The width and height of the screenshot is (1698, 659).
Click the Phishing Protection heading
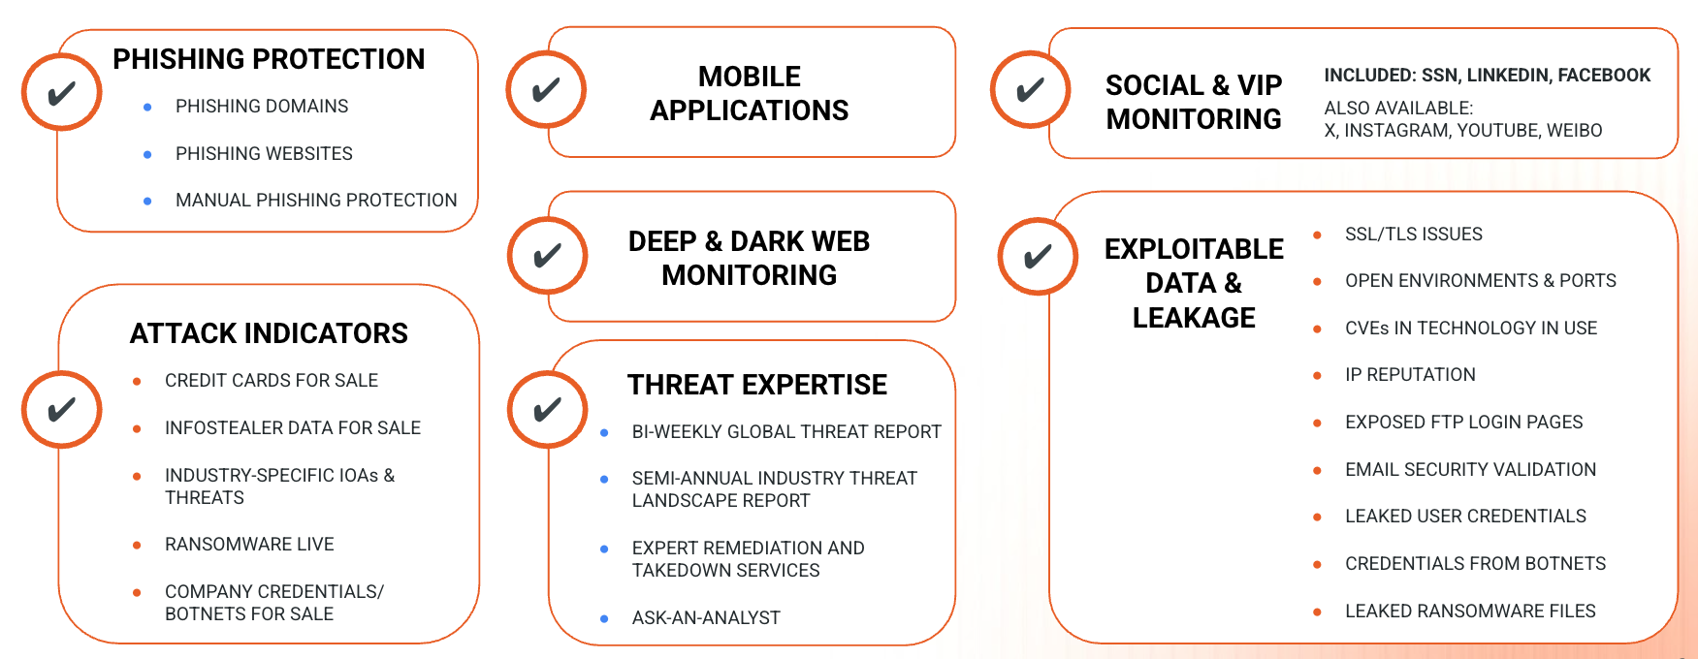pyautogui.click(x=269, y=59)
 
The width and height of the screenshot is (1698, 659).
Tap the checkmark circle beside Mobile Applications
pyautogui.click(x=546, y=89)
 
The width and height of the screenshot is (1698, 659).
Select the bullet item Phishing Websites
pyautogui.click(x=264, y=153)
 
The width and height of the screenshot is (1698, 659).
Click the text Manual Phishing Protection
pyautogui.click(x=316, y=200)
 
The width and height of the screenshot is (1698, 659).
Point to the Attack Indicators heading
pyautogui.click(x=269, y=333)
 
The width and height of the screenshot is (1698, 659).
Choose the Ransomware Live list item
pyautogui.click(x=249, y=544)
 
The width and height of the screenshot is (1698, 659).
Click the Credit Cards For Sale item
pyautogui.click(x=272, y=380)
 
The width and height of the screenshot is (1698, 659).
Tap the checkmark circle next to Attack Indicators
pyautogui.click(x=62, y=409)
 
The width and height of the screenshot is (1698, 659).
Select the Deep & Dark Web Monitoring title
pyautogui.click(x=749, y=258)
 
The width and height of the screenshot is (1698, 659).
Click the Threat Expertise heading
pyautogui.click(x=756, y=385)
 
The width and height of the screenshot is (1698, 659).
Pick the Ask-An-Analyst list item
pyautogui.click(x=706, y=617)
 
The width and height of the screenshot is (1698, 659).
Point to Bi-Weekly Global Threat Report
pyautogui.click(x=786, y=431)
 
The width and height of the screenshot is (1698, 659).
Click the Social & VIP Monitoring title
pyautogui.click(x=1194, y=102)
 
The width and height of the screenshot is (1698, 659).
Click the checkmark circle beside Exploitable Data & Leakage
pyautogui.click(x=1038, y=256)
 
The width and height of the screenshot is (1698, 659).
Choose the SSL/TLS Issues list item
pyautogui.click(x=1414, y=234)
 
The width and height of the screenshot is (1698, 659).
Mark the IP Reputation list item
pyautogui.click(x=1410, y=374)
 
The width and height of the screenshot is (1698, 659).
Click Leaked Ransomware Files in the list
pyautogui.click(x=1470, y=611)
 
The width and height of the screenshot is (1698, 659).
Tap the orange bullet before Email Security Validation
pyautogui.click(x=1317, y=470)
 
